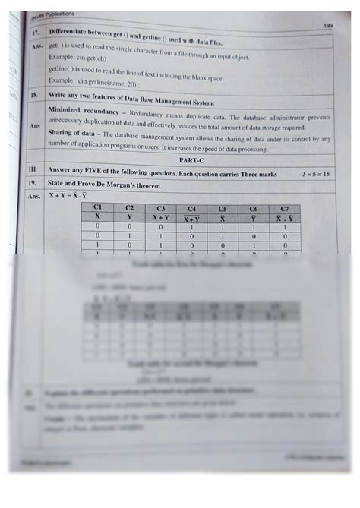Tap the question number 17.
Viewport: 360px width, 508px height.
[35, 34]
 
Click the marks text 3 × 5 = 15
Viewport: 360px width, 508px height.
[314, 174]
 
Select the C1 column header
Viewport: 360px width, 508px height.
[97, 207]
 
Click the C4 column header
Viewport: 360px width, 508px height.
[191, 208]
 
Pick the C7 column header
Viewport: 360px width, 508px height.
[284, 208]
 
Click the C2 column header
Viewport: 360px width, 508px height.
[129, 207]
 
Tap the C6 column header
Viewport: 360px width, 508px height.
[253, 208]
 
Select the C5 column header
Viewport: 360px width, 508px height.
[222, 208]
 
